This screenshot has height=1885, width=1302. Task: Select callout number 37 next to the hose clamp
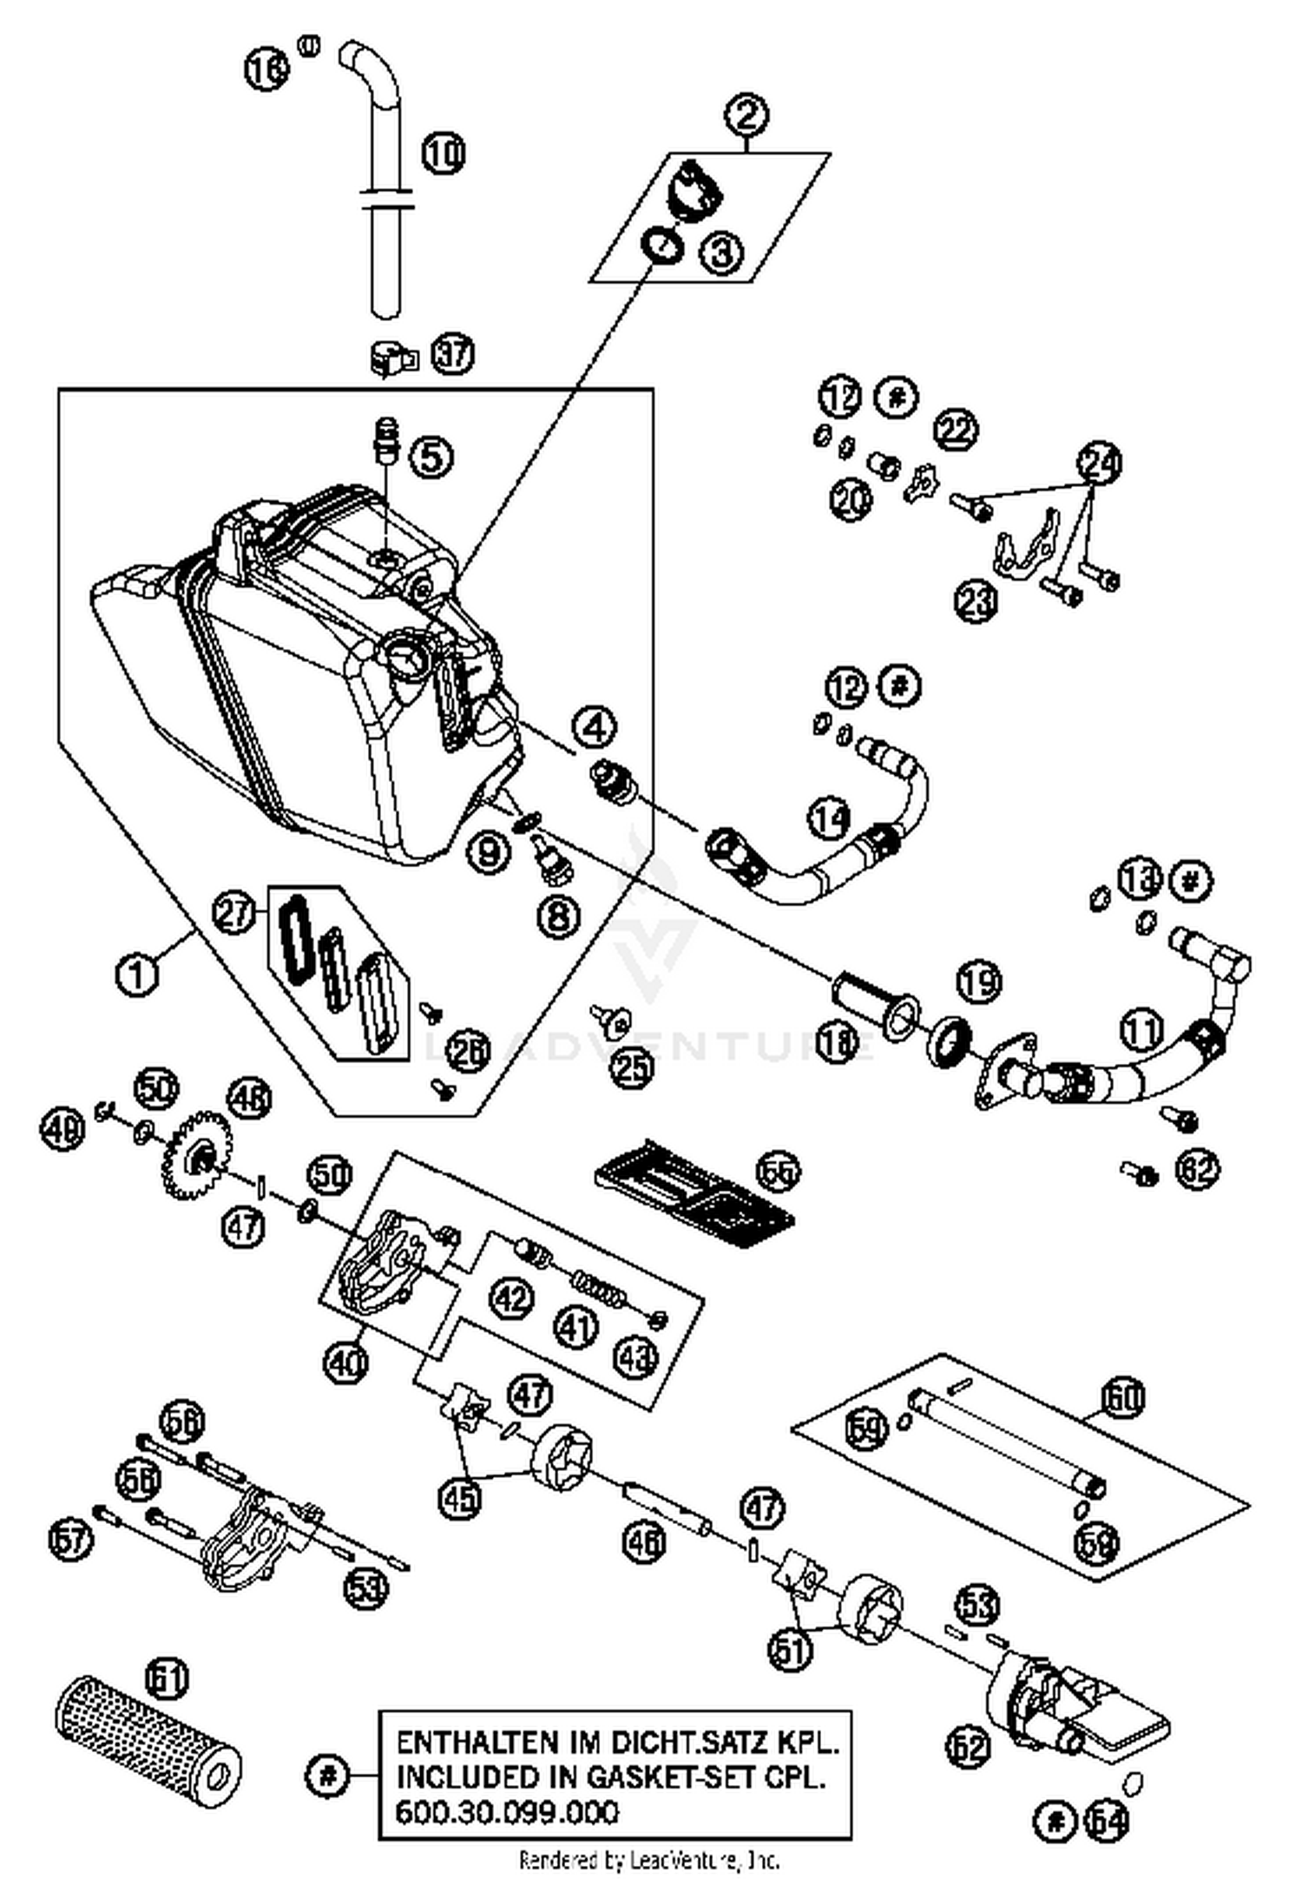[453, 354]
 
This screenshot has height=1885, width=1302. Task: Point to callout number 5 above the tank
[431, 456]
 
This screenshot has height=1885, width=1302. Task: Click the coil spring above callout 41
[596, 1284]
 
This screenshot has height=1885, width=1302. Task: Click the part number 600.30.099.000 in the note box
[507, 1812]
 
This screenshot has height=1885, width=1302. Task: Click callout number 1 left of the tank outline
[137, 974]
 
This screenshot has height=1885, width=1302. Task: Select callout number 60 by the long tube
[1124, 1397]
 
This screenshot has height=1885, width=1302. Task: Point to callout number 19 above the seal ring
[979, 982]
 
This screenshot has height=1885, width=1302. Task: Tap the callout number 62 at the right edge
[1198, 1169]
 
